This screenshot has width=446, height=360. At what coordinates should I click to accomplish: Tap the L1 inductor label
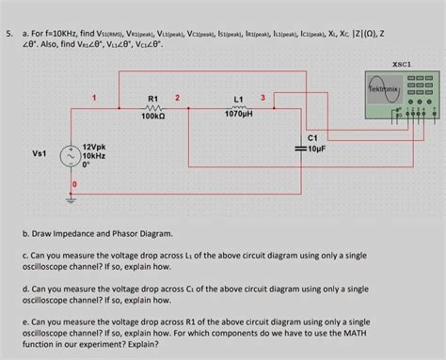pos(237,99)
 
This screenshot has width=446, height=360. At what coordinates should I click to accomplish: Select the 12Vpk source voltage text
pos(95,148)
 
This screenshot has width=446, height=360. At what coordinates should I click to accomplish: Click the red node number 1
pos(93,98)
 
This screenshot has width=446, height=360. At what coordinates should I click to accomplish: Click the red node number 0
pos(74,183)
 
